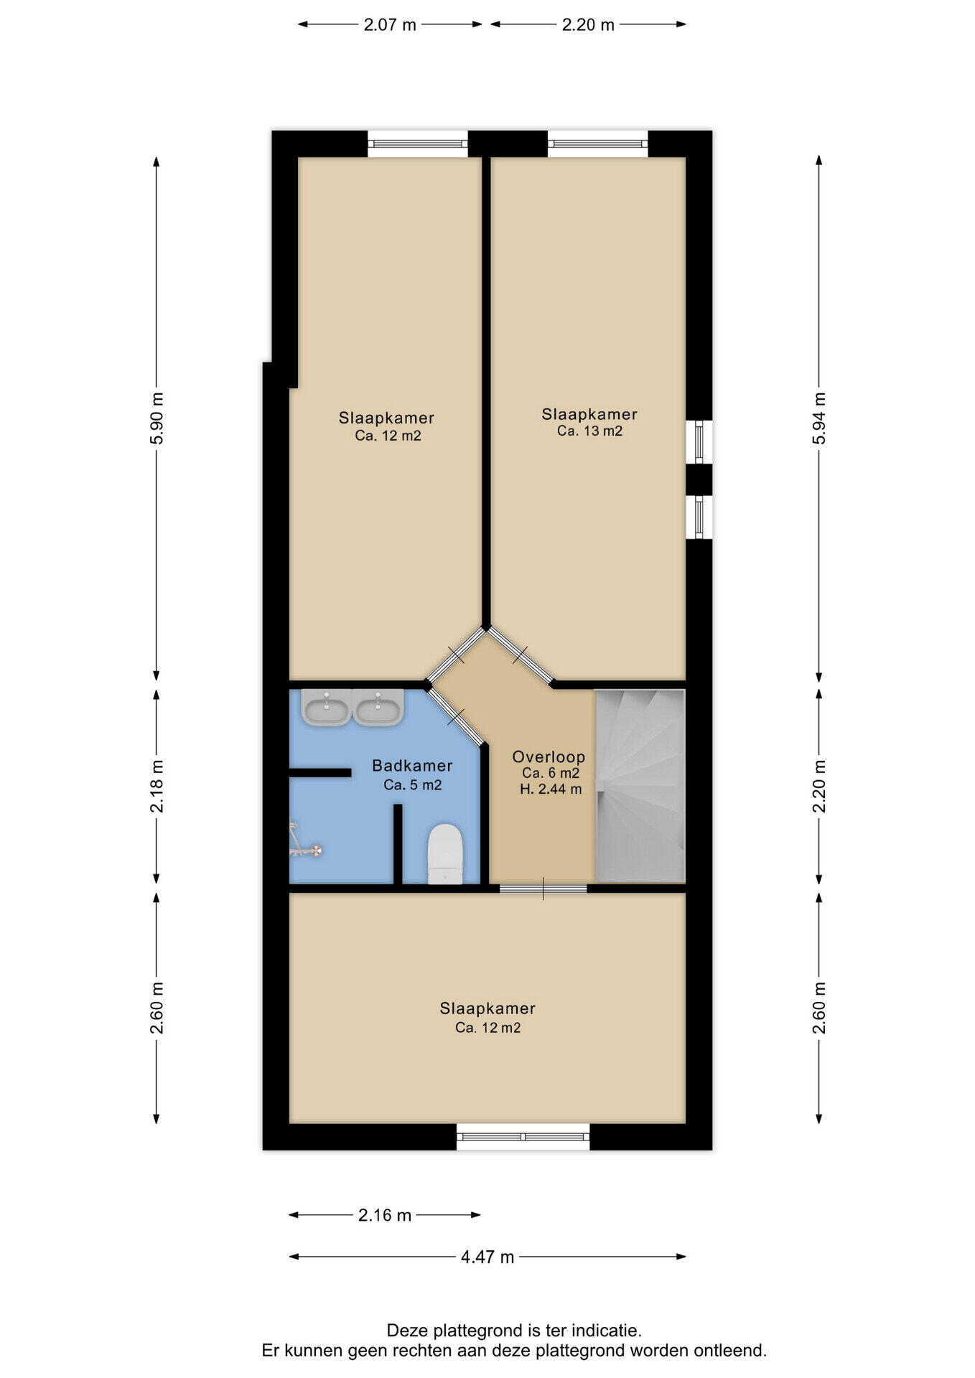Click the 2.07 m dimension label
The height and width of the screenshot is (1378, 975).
390,25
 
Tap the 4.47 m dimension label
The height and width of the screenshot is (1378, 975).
487,1257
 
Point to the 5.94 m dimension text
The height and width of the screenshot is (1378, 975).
819,418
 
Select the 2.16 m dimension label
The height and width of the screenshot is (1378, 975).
385,1215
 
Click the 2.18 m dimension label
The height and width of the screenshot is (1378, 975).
157,786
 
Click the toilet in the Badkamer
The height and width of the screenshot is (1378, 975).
445,853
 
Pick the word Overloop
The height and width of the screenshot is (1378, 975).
549,756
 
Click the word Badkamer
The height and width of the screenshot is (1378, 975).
412,766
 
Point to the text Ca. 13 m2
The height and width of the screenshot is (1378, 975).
589,431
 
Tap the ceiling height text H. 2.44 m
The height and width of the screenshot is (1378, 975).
551,789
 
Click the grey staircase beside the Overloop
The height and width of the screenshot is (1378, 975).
640,786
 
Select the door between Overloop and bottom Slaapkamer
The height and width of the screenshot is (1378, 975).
544,889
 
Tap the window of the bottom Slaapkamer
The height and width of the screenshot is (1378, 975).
523,1137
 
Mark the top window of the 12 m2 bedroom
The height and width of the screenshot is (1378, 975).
418,144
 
